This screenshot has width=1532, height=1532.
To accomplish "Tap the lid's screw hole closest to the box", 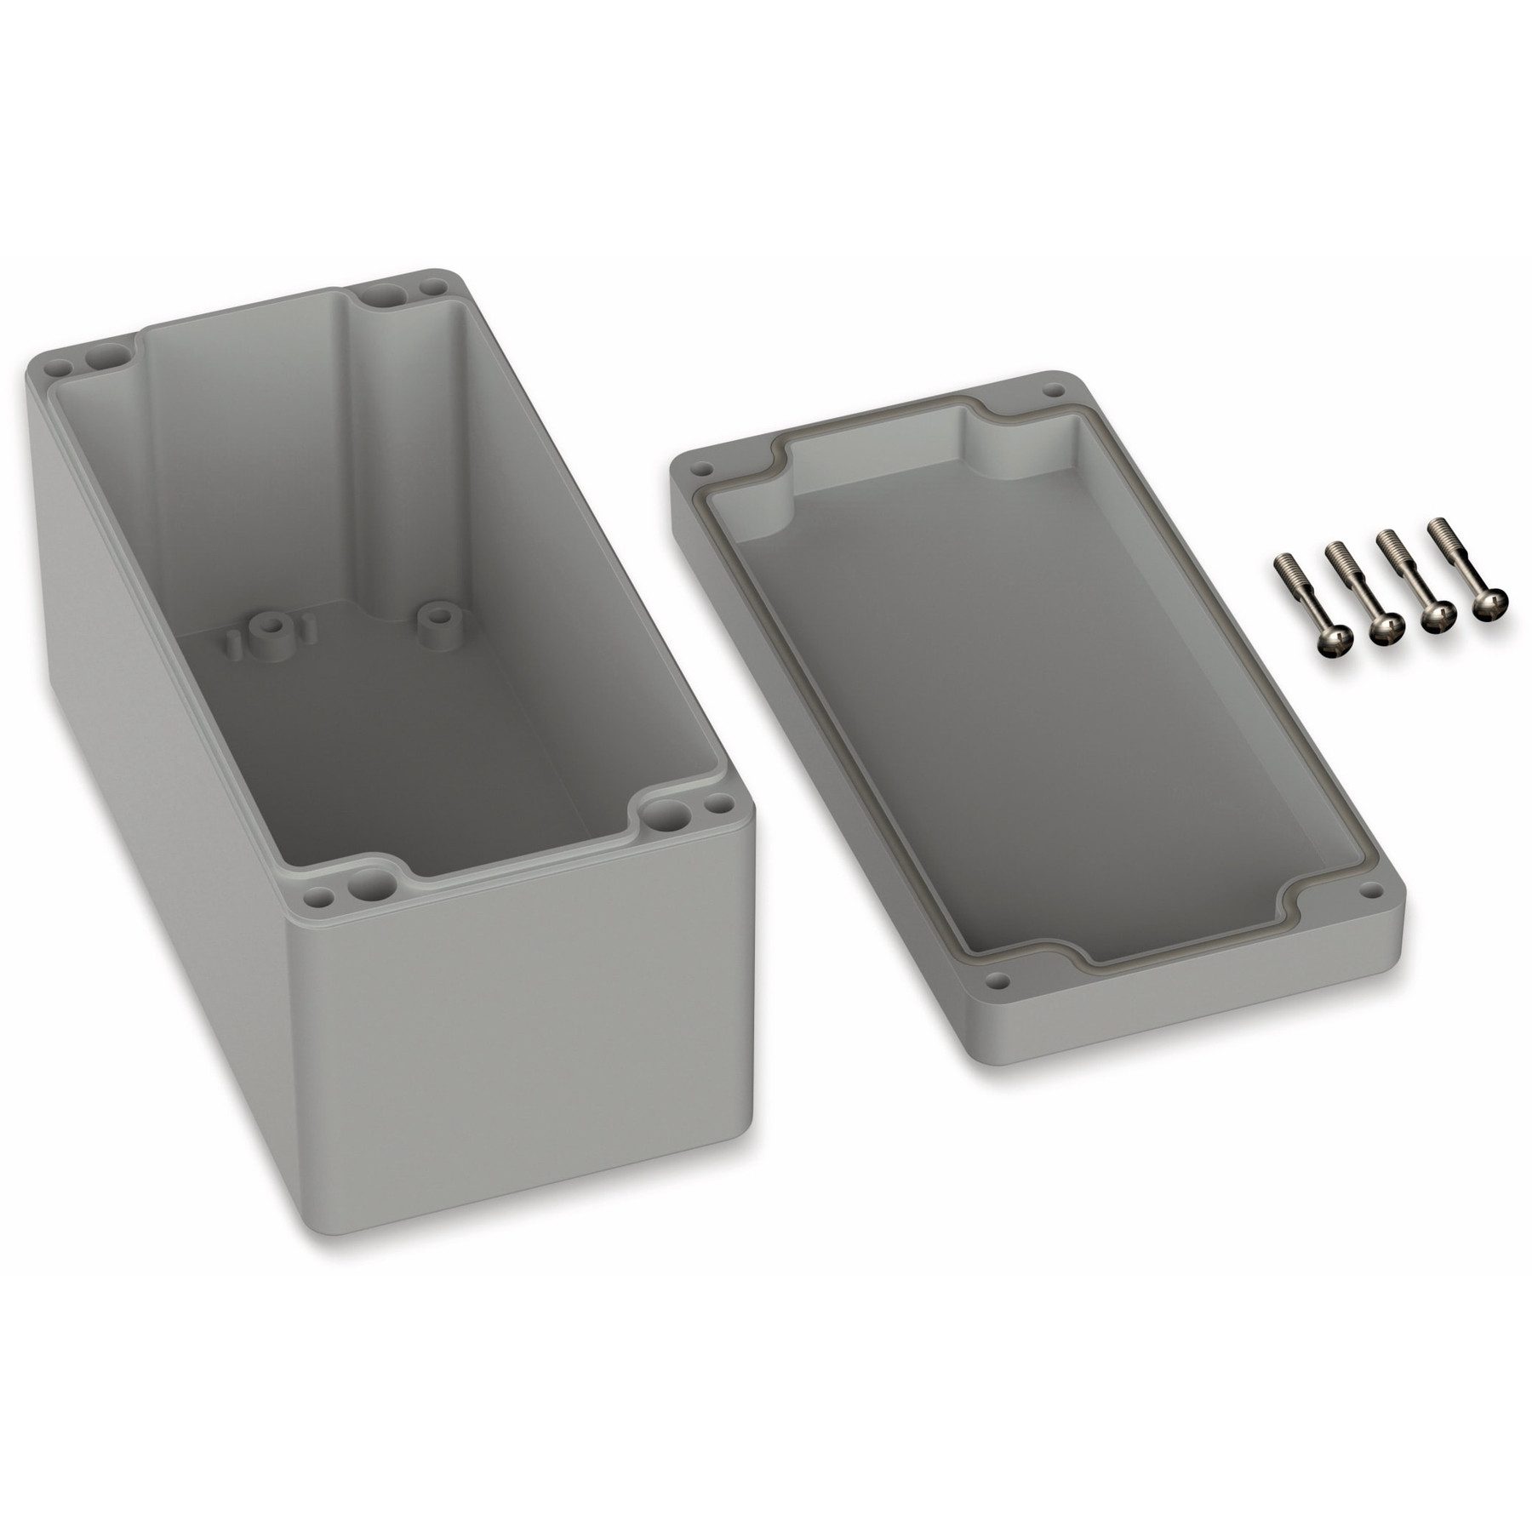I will tap(702, 468).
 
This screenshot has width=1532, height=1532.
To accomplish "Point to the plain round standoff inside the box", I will tap(439, 612).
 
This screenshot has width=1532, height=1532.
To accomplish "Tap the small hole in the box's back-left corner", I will tap(60, 369).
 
